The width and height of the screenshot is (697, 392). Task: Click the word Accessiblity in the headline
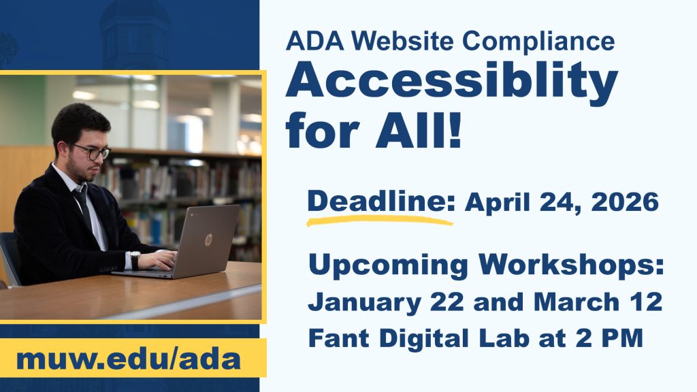point(451,84)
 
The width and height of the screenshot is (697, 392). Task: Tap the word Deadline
point(380,201)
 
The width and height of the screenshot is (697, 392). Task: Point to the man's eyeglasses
point(93,151)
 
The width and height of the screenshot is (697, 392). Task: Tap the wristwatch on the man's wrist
point(135,260)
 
